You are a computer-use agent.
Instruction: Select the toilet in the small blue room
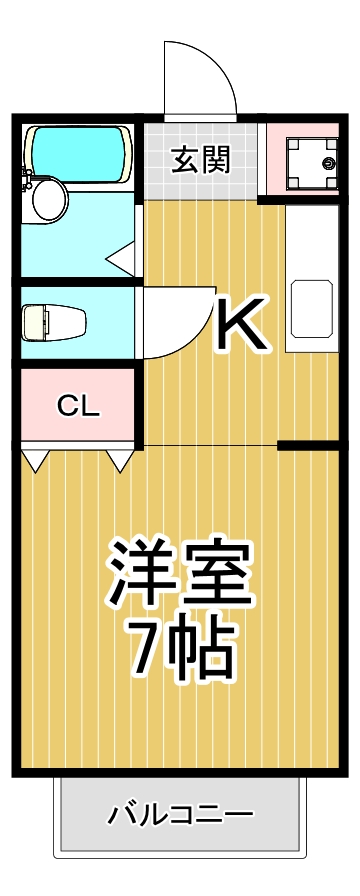pyautogui.click(x=55, y=322)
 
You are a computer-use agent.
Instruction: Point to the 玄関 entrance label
pyautogui.click(x=201, y=160)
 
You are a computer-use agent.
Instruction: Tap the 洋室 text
pyautogui.click(x=181, y=575)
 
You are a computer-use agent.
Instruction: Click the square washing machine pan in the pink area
pyautogui.click(x=311, y=161)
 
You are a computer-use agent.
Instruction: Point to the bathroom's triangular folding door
pyautogui.click(x=122, y=257)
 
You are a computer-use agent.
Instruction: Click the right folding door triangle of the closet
pyautogui.click(x=121, y=460)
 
